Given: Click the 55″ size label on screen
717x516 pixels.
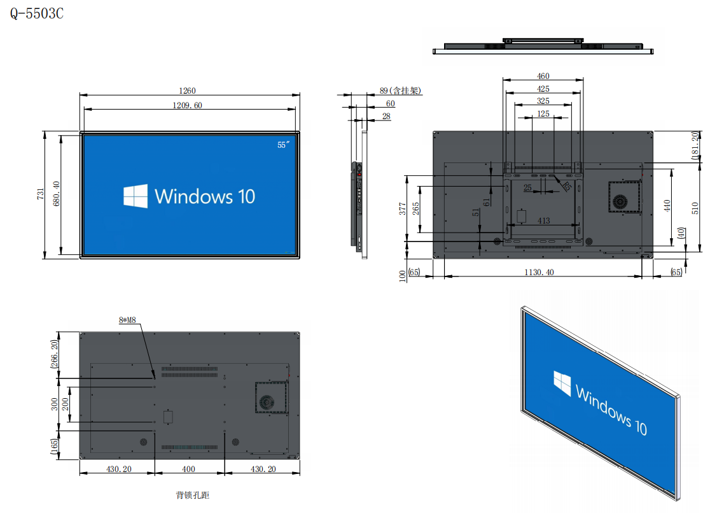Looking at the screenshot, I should [x=284, y=145].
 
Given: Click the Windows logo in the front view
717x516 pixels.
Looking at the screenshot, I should [x=136, y=196].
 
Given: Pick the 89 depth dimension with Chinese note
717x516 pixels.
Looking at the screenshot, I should [x=400, y=91].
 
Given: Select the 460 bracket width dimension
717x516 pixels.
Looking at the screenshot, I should [x=543, y=76].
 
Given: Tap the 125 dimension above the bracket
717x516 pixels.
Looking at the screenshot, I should [x=543, y=113].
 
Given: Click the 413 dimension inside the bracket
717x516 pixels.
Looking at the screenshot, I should [x=543, y=220].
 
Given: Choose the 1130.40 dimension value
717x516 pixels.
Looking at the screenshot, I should [x=538, y=272].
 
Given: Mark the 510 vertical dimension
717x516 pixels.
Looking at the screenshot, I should [x=695, y=207].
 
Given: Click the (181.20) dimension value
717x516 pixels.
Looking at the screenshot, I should [x=695, y=146].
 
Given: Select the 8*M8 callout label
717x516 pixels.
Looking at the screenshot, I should [x=127, y=321].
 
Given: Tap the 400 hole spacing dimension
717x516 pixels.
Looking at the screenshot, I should [x=189, y=469].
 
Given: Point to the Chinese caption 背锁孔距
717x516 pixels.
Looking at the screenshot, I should [x=192, y=495].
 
